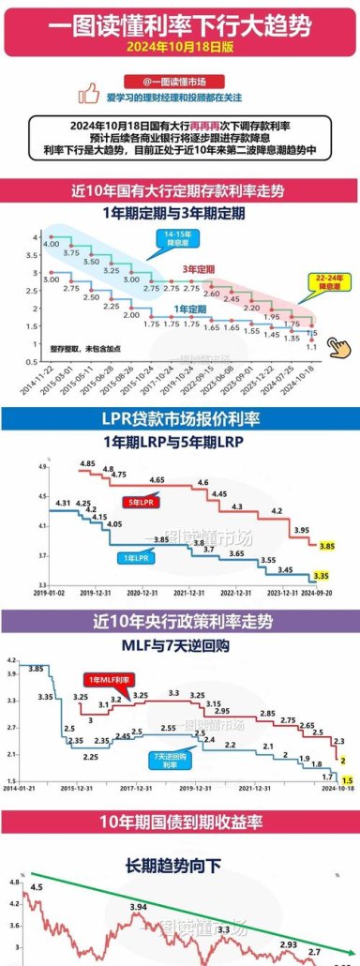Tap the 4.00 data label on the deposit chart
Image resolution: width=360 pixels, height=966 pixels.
52,244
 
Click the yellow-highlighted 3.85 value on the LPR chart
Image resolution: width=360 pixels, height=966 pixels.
327,545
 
